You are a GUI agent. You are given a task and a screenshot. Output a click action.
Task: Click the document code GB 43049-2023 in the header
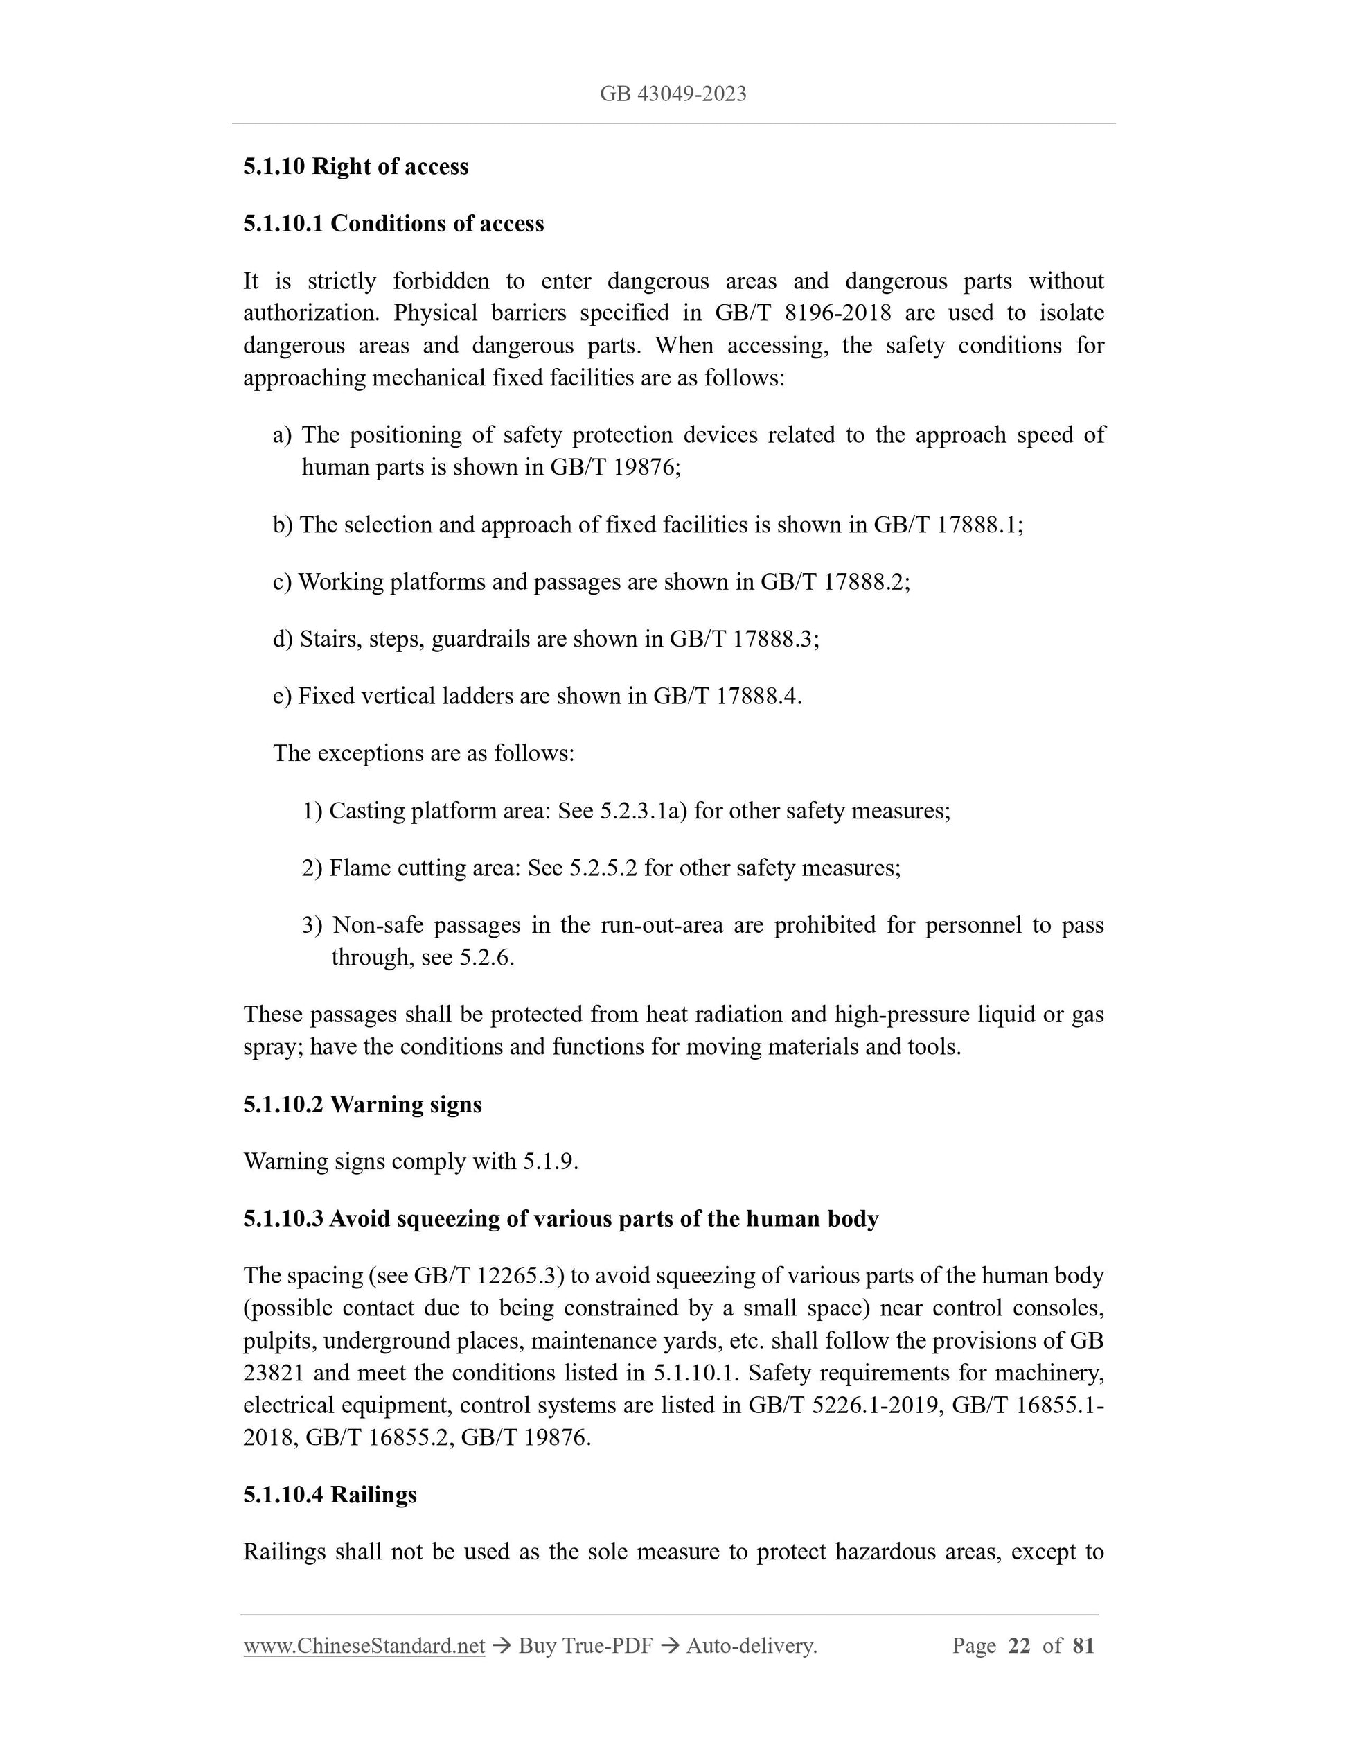[673, 94]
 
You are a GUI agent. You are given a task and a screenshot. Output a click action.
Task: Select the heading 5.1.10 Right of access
[355, 167]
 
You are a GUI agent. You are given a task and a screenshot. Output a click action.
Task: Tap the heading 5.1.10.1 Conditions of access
[393, 224]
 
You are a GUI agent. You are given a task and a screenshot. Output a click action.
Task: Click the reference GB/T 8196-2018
[803, 313]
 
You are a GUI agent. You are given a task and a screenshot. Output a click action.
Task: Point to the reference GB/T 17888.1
[946, 525]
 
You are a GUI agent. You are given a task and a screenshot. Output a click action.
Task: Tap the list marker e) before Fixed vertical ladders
[282, 696]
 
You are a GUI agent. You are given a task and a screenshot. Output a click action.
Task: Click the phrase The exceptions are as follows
[423, 753]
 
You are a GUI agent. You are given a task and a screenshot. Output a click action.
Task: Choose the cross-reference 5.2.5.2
[603, 868]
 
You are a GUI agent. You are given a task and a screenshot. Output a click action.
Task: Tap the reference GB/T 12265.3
[489, 1276]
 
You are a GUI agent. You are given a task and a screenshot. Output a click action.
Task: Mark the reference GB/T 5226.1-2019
[842, 1405]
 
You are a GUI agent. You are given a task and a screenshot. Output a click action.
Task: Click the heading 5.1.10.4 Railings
[330, 1495]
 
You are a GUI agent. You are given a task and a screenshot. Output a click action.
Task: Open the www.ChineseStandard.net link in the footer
[364, 1646]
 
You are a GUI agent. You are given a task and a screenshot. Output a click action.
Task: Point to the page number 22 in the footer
[1019, 1646]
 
